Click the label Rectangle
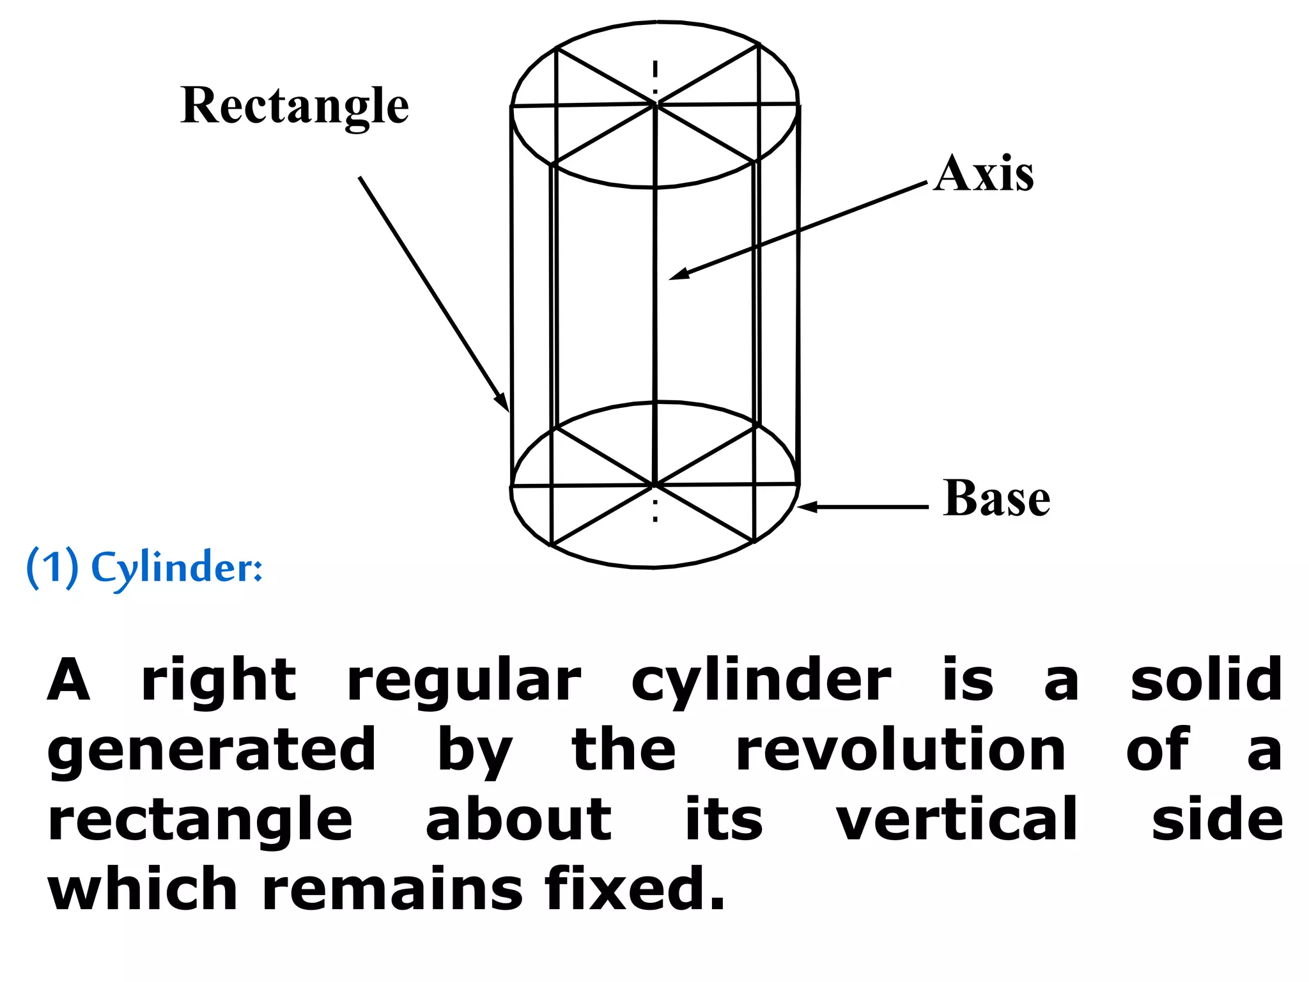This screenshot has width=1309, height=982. [x=295, y=105]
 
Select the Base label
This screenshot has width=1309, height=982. [x=996, y=498]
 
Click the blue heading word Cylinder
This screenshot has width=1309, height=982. [x=176, y=568]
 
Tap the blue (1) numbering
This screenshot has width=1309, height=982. [x=52, y=567]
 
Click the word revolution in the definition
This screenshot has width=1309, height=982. [x=900, y=751]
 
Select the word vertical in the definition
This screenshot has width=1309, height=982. [x=957, y=820]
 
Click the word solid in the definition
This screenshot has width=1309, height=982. [x=1205, y=680]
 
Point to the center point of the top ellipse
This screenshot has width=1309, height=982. [x=656, y=104]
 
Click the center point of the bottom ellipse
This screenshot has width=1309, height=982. [x=654, y=485]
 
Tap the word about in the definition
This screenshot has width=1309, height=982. [x=518, y=820]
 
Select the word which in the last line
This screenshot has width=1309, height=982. [x=143, y=889]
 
